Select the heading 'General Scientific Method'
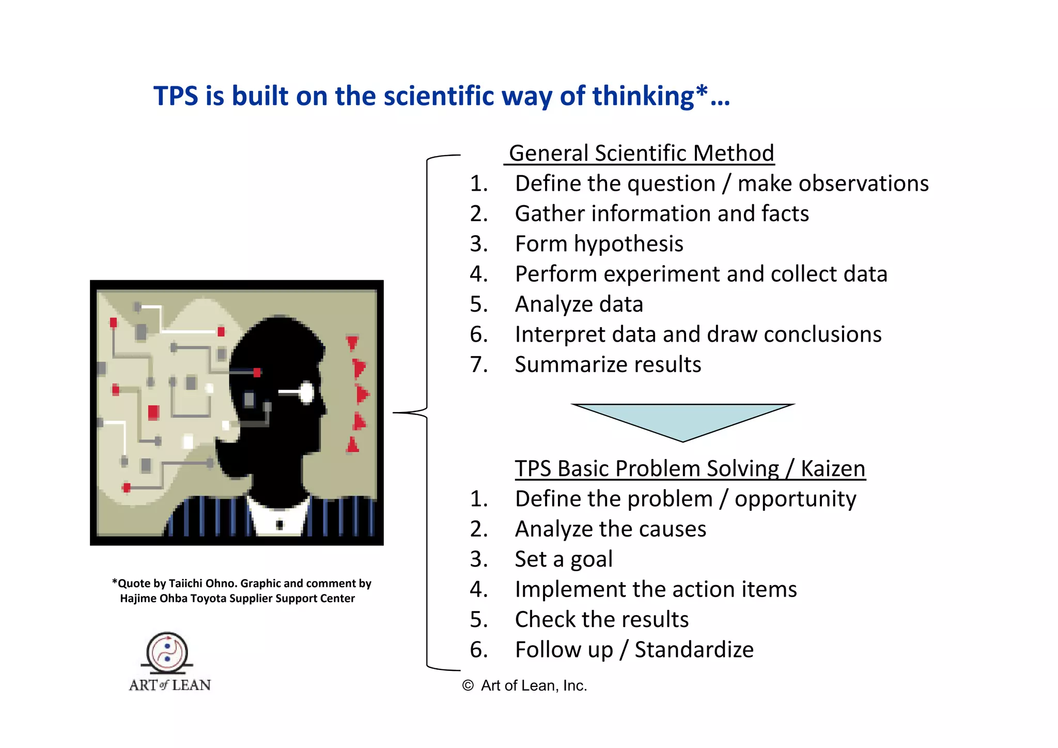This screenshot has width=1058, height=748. click(x=641, y=154)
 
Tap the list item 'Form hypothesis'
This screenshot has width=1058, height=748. click(x=599, y=244)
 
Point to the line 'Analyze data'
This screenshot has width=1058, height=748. click(x=579, y=304)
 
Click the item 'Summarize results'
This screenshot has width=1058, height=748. click(x=608, y=364)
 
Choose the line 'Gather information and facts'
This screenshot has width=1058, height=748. click(x=662, y=213)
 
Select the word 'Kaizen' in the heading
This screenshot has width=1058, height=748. click(x=833, y=469)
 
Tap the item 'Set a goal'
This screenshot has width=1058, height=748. click(x=564, y=559)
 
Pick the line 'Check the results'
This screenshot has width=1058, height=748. click(x=601, y=619)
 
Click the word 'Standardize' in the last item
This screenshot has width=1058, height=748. click(x=694, y=650)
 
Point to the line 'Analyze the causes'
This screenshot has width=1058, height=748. click(x=610, y=529)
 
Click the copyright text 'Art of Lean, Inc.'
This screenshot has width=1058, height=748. click(x=534, y=685)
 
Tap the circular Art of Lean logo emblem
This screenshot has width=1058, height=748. click(x=167, y=652)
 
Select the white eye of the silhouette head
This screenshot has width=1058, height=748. click(x=306, y=393)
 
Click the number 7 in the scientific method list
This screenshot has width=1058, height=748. click(x=478, y=364)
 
